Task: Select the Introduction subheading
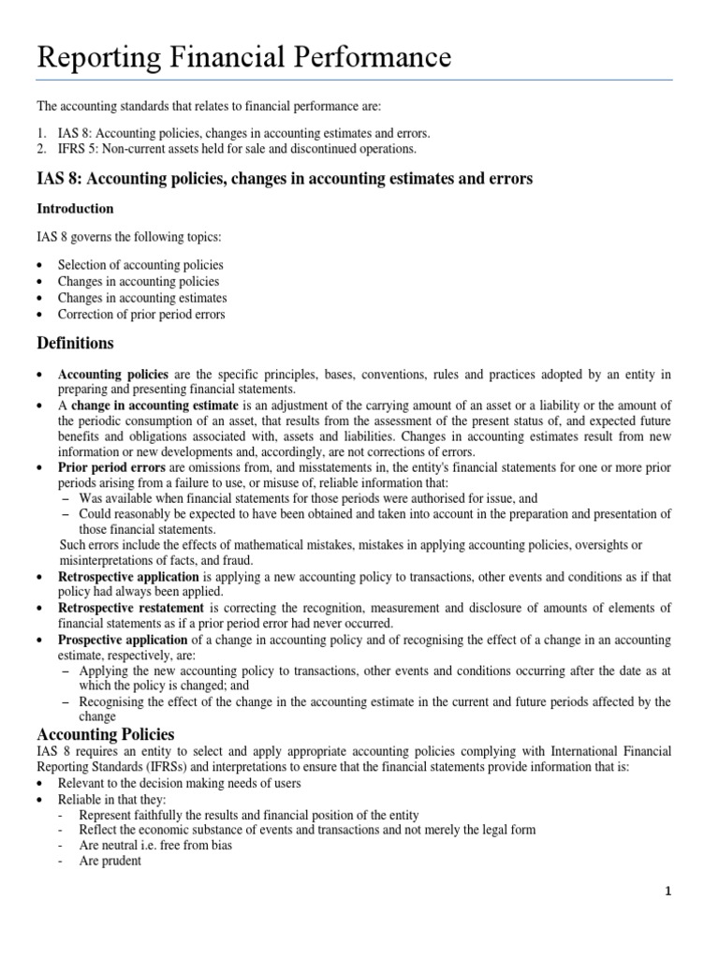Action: click(75, 208)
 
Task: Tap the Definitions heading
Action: click(75, 344)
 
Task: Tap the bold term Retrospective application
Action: click(128, 577)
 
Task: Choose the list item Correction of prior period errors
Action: click(141, 315)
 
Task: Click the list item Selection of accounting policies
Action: click(140, 265)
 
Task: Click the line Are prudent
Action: click(110, 861)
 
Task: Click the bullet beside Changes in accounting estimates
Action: click(40, 299)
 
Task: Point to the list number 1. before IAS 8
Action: click(42, 133)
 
